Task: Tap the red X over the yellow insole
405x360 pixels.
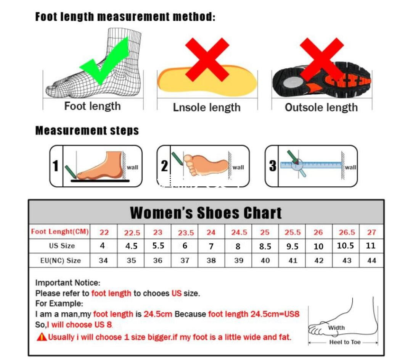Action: [x=207, y=59]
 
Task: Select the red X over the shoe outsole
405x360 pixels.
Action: [x=321, y=59]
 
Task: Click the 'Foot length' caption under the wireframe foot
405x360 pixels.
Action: [x=92, y=106]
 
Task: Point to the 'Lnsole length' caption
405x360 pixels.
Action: [x=207, y=108]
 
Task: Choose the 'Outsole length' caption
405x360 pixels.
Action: [x=321, y=108]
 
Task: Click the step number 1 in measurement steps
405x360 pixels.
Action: [x=56, y=166]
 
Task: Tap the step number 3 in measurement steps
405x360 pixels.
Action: [x=272, y=166]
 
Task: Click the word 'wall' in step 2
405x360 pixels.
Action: [x=238, y=167]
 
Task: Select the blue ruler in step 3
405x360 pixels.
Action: [x=311, y=165]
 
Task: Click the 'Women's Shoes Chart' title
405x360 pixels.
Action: [x=206, y=213]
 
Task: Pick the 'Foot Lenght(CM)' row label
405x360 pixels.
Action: [x=60, y=231]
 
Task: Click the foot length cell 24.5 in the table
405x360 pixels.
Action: [x=239, y=232]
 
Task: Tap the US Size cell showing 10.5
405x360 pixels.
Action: [x=346, y=245]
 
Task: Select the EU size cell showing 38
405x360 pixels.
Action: [x=211, y=261]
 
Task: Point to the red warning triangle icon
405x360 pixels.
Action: [x=42, y=337]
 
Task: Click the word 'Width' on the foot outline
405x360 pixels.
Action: [x=336, y=328]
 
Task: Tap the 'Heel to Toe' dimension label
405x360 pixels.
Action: [x=345, y=342]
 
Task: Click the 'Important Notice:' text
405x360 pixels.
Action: [x=67, y=283]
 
